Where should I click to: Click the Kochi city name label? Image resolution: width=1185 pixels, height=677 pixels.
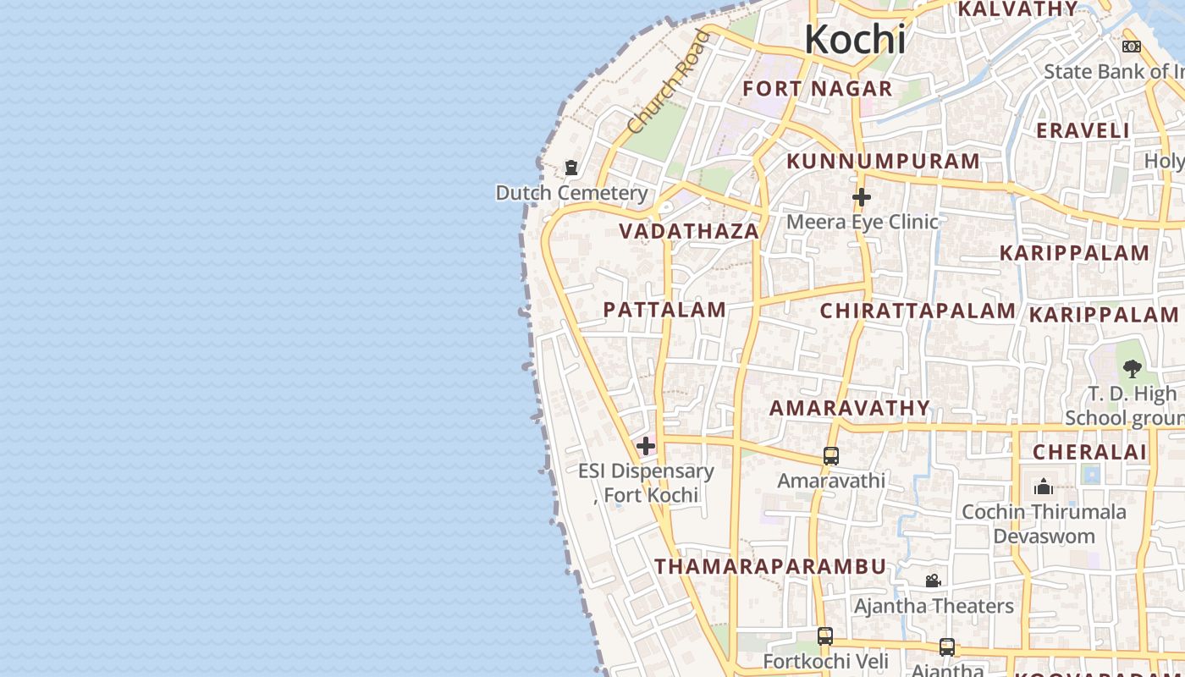pyautogui.click(x=855, y=40)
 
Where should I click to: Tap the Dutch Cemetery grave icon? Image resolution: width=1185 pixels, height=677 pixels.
pyautogui.click(x=571, y=168)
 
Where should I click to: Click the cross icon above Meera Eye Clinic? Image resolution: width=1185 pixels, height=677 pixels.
pyautogui.click(x=862, y=197)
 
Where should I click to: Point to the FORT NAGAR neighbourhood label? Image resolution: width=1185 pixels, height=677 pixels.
pyautogui.click(x=817, y=89)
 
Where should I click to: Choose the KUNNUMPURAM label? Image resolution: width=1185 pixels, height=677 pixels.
pyautogui.click(x=883, y=161)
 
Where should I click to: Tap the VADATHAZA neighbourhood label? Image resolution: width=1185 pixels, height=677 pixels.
pyautogui.click(x=688, y=231)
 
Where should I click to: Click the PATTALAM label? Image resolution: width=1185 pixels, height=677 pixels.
pyautogui.click(x=664, y=310)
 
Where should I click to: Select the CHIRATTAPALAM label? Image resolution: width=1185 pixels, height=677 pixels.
pyautogui.click(x=918, y=311)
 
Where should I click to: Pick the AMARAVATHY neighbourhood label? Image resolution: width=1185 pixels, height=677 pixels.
pyautogui.click(x=850, y=408)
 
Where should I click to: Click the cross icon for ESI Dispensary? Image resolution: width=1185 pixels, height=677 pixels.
pyautogui.click(x=646, y=446)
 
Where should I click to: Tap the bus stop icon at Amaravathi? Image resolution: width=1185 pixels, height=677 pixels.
pyautogui.click(x=831, y=456)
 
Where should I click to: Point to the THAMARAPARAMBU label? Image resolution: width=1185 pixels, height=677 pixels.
pyautogui.click(x=770, y=566)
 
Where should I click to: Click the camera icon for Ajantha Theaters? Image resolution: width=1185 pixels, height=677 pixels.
pyautogui.click(x=933, y=581)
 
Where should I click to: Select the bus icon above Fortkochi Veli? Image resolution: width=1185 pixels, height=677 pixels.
pyautogui.click(x=825, y=636)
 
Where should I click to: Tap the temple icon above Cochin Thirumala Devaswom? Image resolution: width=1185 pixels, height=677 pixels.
pyautogui.click(x=1044, y=487)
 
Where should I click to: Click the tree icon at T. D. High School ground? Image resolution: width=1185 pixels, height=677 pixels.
pyautogui.click(x=1133, y=369)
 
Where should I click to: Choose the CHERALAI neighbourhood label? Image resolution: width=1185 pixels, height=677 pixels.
pyautogui.click(x=1089, y=452)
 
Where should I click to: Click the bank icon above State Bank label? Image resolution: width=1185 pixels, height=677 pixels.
pyautogui.click(x=1132, y=47)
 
